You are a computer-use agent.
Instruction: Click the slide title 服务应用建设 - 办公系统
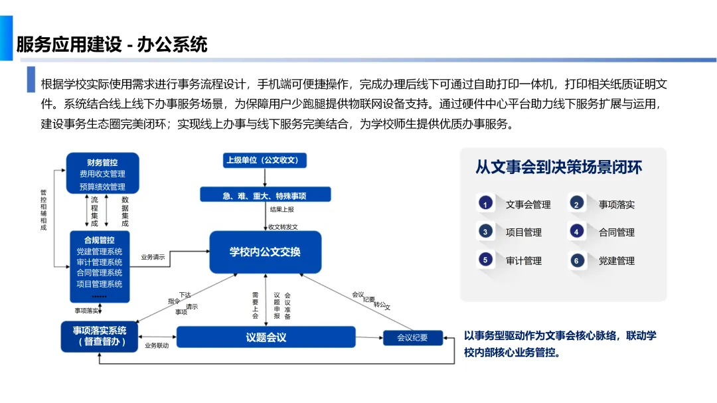pos(112,44)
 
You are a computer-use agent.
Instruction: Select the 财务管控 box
pos(102,173)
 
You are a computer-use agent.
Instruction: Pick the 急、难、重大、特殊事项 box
pos(265,195)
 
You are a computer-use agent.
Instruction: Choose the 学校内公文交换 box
pos(265,252)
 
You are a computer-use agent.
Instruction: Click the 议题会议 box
pos(266,337)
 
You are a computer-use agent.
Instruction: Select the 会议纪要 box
pos(412,337)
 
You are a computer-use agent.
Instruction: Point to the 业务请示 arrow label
pos(153,257)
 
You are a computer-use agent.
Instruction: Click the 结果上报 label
pos(281,210)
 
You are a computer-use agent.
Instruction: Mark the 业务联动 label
pos(157,345)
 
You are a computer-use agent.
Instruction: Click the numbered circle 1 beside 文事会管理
pos(485,204)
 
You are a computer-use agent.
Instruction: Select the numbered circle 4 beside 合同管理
pos(576,232)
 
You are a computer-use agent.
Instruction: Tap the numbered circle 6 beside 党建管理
pos(576,260)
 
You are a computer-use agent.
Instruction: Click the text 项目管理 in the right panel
pos(523,232)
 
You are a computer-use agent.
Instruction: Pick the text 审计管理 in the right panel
pos(523,261)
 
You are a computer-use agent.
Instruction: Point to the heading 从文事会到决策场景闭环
pos(558,167)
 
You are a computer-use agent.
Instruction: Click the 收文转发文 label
pos(283,226)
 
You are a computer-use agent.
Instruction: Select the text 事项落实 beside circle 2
pos(616,204)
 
